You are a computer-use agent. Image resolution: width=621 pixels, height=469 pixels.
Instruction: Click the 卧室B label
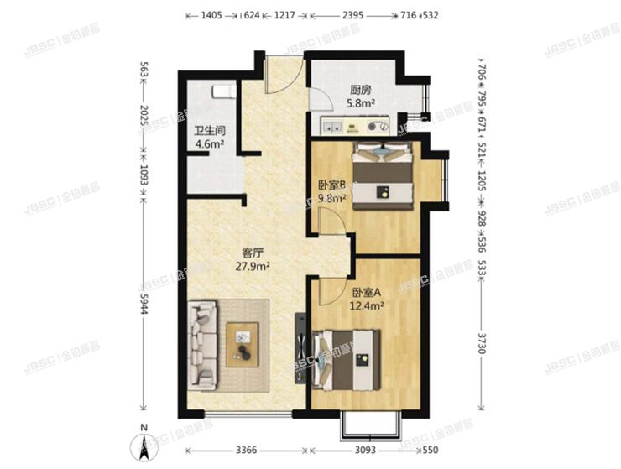pos(332,185)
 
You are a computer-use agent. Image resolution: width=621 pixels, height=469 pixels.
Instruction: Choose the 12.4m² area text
pos(367,306)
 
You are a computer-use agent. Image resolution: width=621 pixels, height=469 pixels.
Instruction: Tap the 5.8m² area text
pos(362,105)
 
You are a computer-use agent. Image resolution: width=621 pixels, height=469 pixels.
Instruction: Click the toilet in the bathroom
pos(222,90)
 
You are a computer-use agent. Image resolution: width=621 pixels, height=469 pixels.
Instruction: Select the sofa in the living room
pos(203,345)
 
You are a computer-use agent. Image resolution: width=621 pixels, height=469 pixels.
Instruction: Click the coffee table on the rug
pos(244,343)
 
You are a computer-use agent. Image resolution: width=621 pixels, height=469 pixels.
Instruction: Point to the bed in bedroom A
pos(347,357)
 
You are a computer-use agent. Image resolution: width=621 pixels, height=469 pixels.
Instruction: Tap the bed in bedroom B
pos(383,174)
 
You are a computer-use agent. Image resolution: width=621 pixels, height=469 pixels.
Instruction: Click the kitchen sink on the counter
pos(330,128)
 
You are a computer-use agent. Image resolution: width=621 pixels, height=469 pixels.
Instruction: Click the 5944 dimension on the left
pos(144,309)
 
